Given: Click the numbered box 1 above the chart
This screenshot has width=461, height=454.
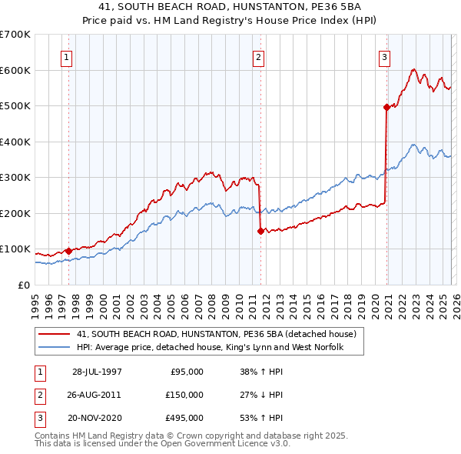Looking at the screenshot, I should click(x=67, y=57).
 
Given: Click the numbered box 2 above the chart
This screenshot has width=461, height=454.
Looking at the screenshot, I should click(x=259, y=57).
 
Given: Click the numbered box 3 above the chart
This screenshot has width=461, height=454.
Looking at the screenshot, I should click(x=384, y=57).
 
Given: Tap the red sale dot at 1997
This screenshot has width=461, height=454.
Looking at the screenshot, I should click(x=69, y=251).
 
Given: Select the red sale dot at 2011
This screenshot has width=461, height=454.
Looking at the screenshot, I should click(x=260, y=231).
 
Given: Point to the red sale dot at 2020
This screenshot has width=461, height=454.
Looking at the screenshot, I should click(x=386, y=108).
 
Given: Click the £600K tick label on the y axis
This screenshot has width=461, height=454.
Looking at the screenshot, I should click(x=15, y=70).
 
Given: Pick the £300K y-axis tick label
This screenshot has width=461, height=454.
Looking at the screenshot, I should click(x=15, y=178).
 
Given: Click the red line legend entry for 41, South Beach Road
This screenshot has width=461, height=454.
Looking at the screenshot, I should click(x=216, y=335).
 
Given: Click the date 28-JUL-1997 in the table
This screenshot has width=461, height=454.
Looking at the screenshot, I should click(x=97, y=372).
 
